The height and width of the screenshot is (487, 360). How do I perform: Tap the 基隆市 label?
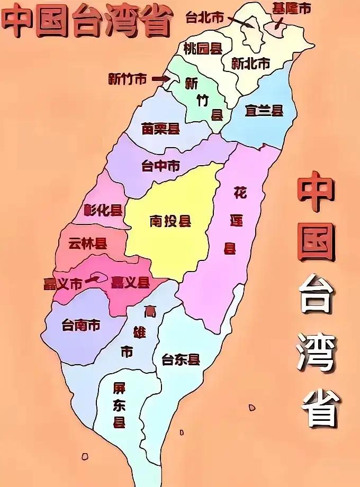click(291, 9)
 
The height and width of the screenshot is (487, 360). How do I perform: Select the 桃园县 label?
click(202, 49)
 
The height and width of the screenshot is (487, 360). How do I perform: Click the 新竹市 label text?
click(127, 79)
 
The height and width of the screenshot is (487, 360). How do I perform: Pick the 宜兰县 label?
click(264, 111)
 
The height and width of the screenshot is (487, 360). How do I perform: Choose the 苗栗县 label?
click(160, 129)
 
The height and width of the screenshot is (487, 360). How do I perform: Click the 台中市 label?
click(160, 166)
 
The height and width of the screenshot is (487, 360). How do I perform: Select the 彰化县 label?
click(103, 210)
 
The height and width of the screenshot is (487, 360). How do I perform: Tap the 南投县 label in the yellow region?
click(170, 221)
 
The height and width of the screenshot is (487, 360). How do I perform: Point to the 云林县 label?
click(88, 243)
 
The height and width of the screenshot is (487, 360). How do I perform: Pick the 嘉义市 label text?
click(62, 284)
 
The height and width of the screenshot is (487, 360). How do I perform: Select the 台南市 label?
click(80, 324)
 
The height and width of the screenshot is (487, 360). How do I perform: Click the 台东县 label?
click(181, 360)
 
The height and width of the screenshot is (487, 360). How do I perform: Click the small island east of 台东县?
click(252, 407)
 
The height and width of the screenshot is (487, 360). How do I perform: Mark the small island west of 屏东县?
click(85, 456)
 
